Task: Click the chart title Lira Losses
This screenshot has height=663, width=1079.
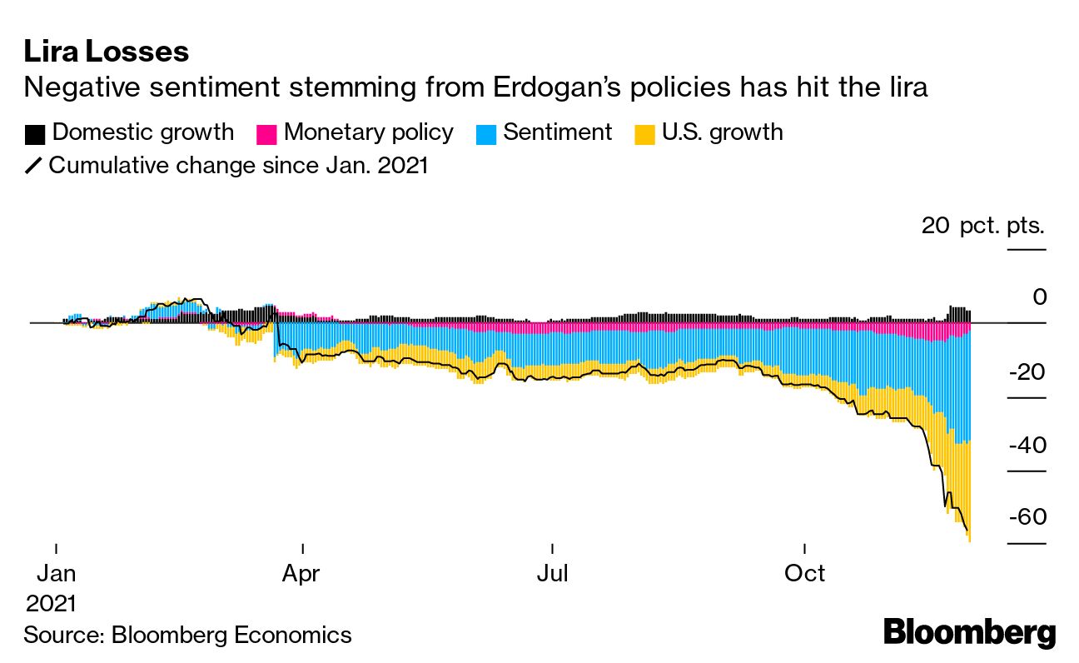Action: (106, 52)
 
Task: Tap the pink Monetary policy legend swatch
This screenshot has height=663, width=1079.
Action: (266, 134)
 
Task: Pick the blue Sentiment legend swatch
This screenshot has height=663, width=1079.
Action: (485, 134)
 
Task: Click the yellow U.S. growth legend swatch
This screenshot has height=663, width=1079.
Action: (644, 134)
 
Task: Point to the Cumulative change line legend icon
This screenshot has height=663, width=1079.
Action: (33, 166)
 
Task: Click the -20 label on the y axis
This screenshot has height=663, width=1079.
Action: (1027, 372)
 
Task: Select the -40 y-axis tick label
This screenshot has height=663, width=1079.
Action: (1027, 445)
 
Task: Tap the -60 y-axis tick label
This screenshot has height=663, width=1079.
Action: (1027, 517)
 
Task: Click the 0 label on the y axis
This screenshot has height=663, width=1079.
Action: (1039, 297)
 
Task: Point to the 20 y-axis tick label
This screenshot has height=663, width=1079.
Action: (935, 226)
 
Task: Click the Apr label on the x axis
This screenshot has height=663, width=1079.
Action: (302, 573)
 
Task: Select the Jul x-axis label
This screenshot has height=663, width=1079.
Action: (552, 573)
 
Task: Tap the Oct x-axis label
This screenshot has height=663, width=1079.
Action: (805, 573)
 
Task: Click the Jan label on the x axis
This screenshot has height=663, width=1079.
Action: (56, 573)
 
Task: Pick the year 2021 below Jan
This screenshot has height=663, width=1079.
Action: (51, 603)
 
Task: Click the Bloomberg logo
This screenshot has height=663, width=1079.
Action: (969, 632)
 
